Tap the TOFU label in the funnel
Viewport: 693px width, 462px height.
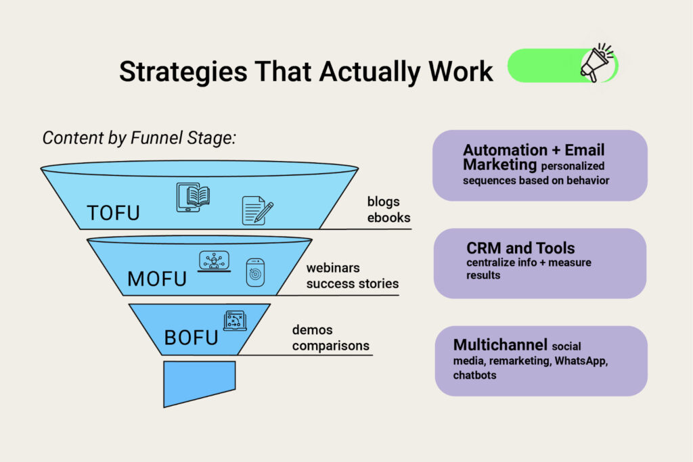113,212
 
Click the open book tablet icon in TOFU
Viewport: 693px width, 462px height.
193,197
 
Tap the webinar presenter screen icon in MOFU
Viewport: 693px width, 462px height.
213,261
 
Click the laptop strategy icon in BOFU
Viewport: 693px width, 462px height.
235,320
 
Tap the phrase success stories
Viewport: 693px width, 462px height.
353,283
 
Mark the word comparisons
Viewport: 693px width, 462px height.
331,346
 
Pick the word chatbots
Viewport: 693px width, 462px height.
475,375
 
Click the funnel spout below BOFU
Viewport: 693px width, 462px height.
199,382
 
